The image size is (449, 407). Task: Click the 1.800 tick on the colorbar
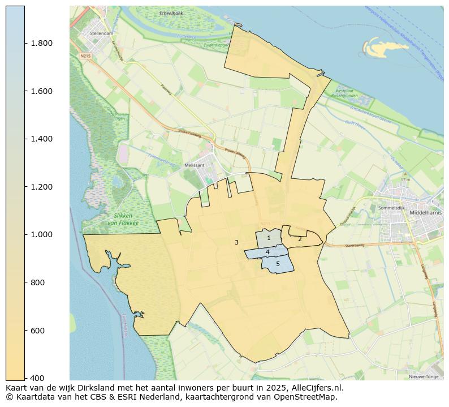coord(41,44)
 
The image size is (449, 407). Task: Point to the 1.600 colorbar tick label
coord(41,91)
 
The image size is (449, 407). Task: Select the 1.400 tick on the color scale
coord(41,139)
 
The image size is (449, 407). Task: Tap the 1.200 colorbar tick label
coord(41,187)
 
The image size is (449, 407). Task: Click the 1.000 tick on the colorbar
coord(41,235)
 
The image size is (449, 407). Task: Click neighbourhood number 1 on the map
coord(269,238)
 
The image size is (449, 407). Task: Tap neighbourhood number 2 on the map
coord(300,239)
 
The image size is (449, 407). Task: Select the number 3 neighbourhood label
coord(236,242)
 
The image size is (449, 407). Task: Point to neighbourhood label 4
coord(267,252)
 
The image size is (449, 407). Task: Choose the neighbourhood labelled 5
coord(278,264)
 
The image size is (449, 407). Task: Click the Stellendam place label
coord(102,33)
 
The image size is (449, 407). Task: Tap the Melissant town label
coord(194,165)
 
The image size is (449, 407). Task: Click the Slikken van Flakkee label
coord(123,219)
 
